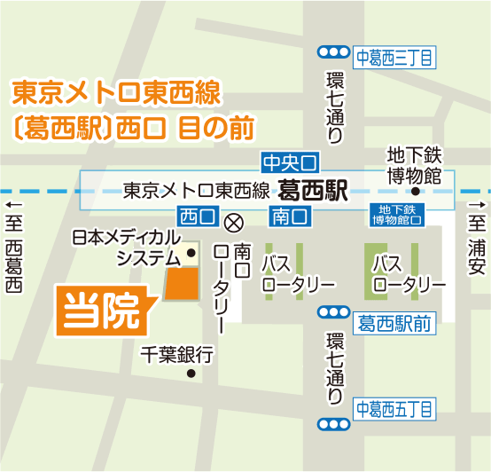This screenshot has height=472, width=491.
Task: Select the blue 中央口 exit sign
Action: (289, 162)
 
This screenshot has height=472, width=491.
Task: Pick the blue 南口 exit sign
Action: (289, 216)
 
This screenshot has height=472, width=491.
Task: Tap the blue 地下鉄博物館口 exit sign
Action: (396, 216)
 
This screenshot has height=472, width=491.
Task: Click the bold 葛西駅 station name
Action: (311, 189)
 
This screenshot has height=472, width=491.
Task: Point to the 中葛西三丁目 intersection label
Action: (394, 59)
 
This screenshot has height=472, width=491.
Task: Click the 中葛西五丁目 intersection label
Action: (394, 409)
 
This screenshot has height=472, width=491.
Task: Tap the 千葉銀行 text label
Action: (177, 355)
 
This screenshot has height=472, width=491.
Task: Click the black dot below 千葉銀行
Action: (190, 374)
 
